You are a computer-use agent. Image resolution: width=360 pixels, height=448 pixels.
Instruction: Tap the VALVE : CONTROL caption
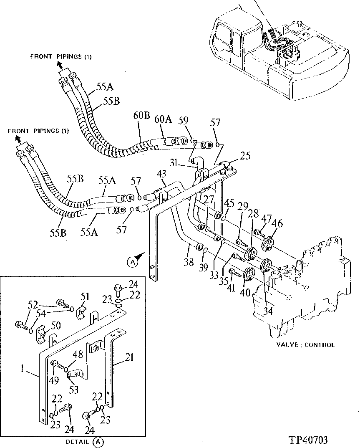[305, 345]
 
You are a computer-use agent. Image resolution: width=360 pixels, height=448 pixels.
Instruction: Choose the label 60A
[163, 120]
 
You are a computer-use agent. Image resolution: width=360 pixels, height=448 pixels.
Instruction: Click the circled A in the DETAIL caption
[98, 441]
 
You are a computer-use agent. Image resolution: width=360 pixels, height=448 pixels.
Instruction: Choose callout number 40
[245, 292]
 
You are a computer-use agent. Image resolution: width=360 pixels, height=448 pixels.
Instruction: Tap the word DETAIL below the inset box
[77, 441]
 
